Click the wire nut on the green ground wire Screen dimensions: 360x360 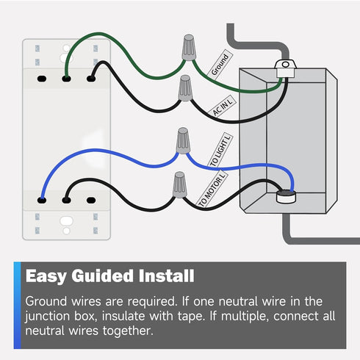click(189, 48)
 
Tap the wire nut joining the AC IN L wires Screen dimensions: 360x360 click(185, 88)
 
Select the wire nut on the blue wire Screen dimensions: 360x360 click(183, 140)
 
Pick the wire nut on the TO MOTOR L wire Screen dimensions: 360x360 click(179, 184)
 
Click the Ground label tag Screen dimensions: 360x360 click(220, 65)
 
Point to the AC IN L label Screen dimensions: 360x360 click(223, 106)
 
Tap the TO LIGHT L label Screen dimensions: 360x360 click(220, 151)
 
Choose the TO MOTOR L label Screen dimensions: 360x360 click(212, 189)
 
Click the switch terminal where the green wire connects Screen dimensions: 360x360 click(66, 79)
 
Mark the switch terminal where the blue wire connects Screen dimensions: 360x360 click(42, 201)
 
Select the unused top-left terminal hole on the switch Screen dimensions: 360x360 click(42, 79)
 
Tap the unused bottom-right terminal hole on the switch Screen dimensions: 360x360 click(91, 201)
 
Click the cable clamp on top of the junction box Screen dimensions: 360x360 click(285, 68)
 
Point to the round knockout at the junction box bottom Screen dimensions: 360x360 click(286, 197)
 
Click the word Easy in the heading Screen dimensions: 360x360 click(46, 276)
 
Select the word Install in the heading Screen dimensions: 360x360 click(166, 276)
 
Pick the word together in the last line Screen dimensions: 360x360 click(128, 331)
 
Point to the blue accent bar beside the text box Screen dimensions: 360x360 click(18, 305)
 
